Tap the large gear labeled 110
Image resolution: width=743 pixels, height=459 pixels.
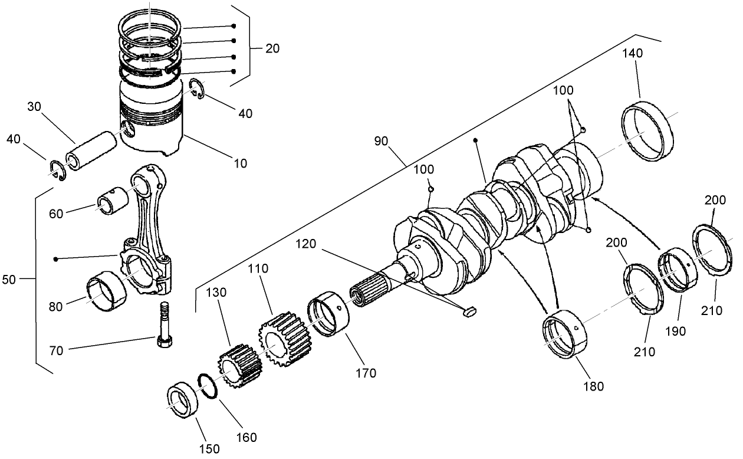(285, 341)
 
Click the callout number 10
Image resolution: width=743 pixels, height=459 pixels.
(240, 163)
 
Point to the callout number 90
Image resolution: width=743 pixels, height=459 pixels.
(381, 142)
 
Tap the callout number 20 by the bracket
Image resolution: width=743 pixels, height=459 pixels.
(272, 48)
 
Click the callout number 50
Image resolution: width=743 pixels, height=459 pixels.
(9, 280)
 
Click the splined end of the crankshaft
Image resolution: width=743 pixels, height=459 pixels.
(367, 291)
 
